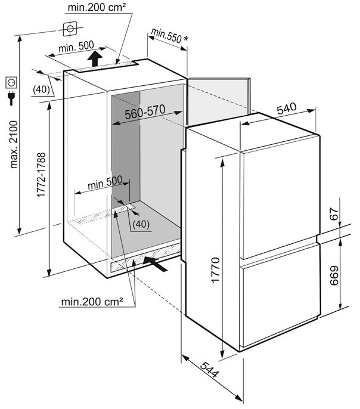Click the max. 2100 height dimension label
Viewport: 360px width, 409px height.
coord(14,144)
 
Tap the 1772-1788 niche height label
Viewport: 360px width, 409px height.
coord(41,175)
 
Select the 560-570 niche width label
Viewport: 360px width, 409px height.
coord(145,112)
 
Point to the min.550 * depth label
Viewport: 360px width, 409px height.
coord(169,36)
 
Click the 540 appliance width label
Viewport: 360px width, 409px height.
coord(287,109)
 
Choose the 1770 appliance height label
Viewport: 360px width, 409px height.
coord(216,270)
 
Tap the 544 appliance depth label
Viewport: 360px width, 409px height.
coord(209,370)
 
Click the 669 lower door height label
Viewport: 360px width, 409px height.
coord(334,275)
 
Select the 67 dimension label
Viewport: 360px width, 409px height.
coord(334,214)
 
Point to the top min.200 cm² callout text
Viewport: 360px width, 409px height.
coord(97,7)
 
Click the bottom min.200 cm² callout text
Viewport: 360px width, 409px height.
coord(92,302)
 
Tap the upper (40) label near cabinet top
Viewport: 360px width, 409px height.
coord(42,89)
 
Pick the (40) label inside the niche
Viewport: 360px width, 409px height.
coord(141,224)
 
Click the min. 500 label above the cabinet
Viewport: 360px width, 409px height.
coord(76,47)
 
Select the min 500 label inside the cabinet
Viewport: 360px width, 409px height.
coord(105,182)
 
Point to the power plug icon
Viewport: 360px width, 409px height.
coord(11,98)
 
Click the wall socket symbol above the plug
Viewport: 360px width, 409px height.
coord(11,82)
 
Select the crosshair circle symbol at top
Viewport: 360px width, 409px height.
coord(70,29)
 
